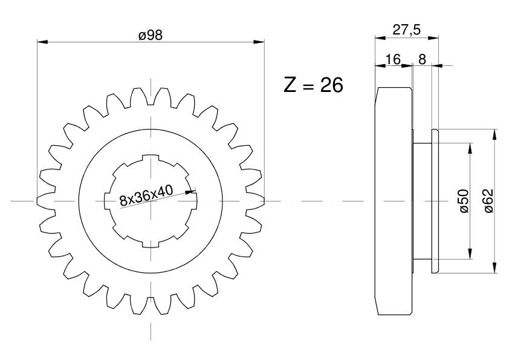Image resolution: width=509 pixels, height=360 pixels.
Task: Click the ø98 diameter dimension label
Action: click(x=151, y=35)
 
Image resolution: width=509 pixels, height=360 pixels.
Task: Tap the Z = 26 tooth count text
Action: click(x=313, y=85)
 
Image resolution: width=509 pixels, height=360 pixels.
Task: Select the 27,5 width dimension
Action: click(x=406, y=30)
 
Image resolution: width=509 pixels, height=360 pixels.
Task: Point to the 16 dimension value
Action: click(x=393, y=59)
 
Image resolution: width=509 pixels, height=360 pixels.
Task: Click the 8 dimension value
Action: click(x=422, y=59)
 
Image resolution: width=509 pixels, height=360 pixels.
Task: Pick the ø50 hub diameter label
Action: click(x=464, y=201)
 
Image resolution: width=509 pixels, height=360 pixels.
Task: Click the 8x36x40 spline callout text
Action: click(x=146, y=195)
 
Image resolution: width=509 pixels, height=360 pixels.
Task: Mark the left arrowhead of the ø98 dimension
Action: click(x=42, y=42)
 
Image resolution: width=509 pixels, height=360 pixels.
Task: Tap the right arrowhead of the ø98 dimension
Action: click(x=259, y=42)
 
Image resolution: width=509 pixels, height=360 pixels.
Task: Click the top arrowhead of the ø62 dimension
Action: click(x=494, y=134)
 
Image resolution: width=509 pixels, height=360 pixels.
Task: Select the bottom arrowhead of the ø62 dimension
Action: click(x=494, y=267)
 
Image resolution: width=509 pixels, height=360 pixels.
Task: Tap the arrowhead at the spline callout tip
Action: click(x=190, y=191)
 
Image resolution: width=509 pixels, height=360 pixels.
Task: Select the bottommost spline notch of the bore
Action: click(x=151, y=244)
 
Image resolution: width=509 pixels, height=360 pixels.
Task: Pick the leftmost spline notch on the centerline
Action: click(x=107, y=201)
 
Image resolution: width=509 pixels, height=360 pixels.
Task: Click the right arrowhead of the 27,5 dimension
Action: click(x=433, y=38)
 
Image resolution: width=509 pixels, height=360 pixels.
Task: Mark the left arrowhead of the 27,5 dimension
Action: click(x=380, y=38)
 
